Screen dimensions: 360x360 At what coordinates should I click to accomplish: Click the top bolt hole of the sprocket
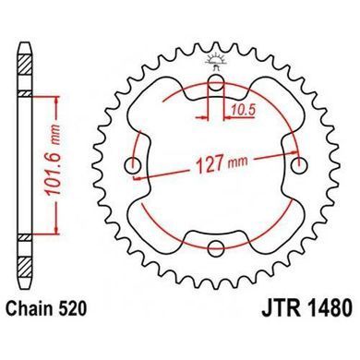tap(216, 83)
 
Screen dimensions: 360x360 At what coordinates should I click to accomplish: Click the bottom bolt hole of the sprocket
tap(216, 248)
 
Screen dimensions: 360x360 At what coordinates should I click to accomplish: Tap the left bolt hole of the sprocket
tap(133, 165)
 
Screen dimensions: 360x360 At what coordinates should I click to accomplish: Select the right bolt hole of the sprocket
tap(299, 165)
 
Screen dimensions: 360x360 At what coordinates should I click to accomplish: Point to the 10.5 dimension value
tap(244, 111)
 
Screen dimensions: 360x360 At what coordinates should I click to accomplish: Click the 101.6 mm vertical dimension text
tap(53, 160)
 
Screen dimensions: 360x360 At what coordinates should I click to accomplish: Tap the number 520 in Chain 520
tap(72, 308)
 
